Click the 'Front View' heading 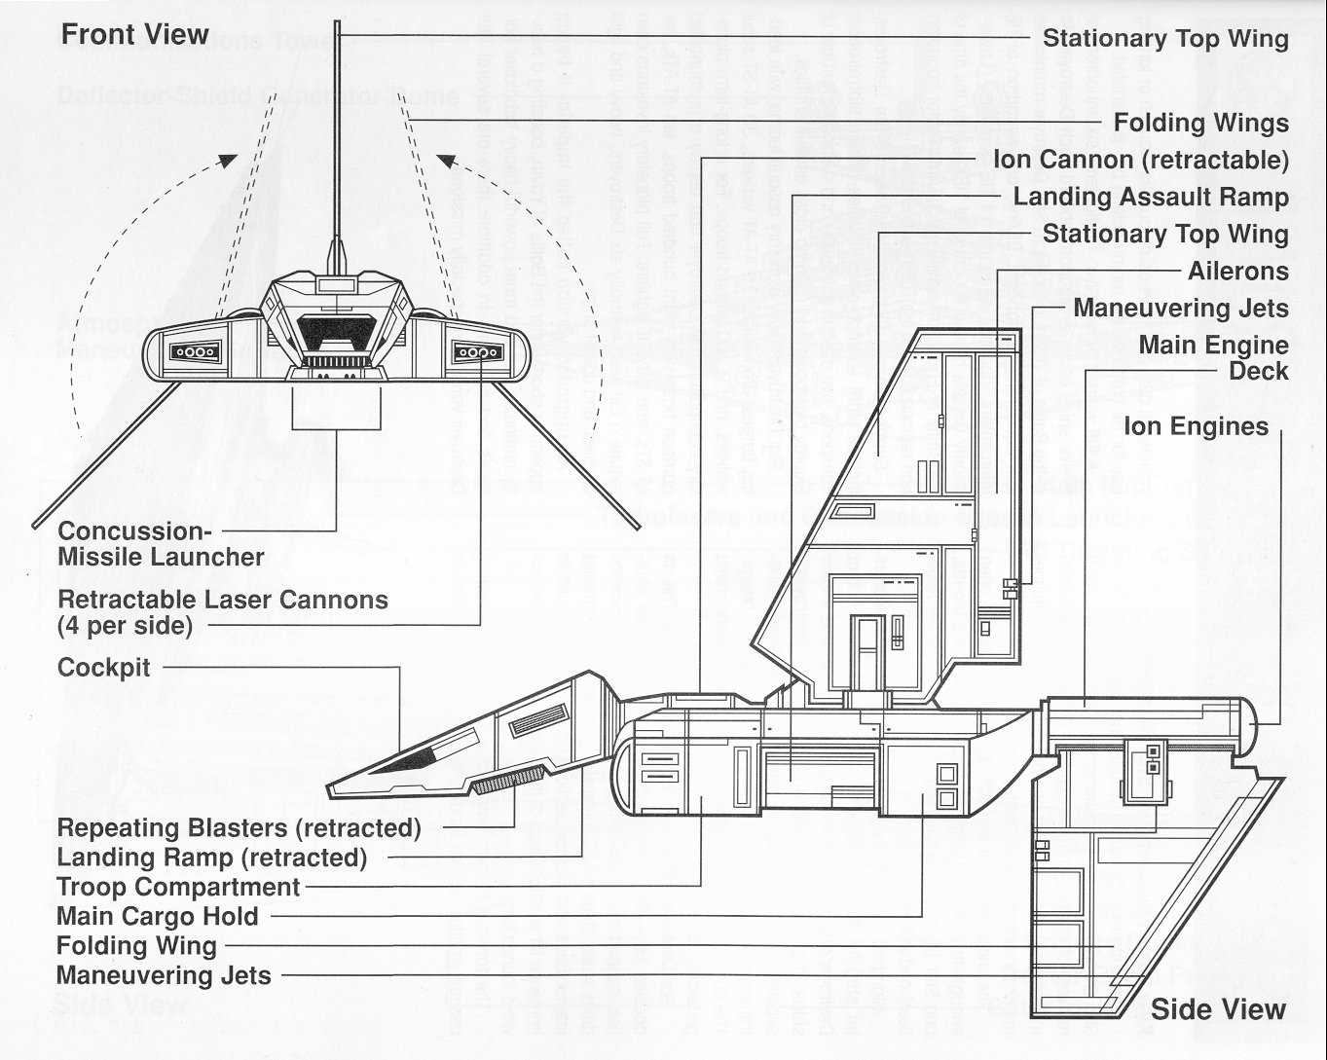coord(135,35)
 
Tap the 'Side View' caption coord(1218,1009)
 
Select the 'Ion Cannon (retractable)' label coord(1141,160)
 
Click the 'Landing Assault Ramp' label coord(1151,197)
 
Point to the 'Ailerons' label coord(1237,271)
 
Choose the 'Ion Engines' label coord(1196,426)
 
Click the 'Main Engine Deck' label coord(1213,357)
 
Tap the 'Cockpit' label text coord(104,668)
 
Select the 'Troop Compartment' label coord(178,887)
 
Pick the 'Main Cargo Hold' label coord(158,916)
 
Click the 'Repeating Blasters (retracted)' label coord(239,828)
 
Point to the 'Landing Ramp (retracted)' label coord(211,858)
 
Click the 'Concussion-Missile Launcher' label coord(161,544)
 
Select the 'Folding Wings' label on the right coord(1200,123)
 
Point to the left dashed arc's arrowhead coord(227,160)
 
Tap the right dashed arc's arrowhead coord(445,160)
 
